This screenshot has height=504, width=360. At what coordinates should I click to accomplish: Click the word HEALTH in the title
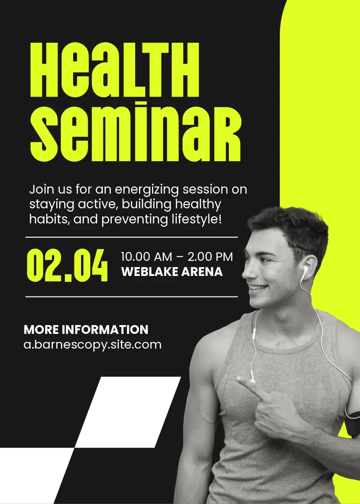(115, 70)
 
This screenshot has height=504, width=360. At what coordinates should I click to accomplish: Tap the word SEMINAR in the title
(135, 131)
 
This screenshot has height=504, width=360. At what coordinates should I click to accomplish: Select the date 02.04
(67, 265)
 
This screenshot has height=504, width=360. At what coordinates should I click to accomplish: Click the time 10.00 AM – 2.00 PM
(177, 257)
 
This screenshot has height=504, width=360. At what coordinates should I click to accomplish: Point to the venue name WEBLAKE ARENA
(172, 272)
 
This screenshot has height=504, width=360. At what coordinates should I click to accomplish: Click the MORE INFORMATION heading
(86, 330)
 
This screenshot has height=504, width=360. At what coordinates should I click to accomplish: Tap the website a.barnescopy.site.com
(92, 345)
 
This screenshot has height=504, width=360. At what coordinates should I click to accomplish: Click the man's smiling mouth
(259, 288)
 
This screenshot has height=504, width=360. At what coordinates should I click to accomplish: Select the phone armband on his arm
(353, 423)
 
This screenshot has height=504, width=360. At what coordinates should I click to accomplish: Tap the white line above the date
(131, 237)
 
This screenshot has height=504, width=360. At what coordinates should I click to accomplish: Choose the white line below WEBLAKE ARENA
(131, 297)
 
